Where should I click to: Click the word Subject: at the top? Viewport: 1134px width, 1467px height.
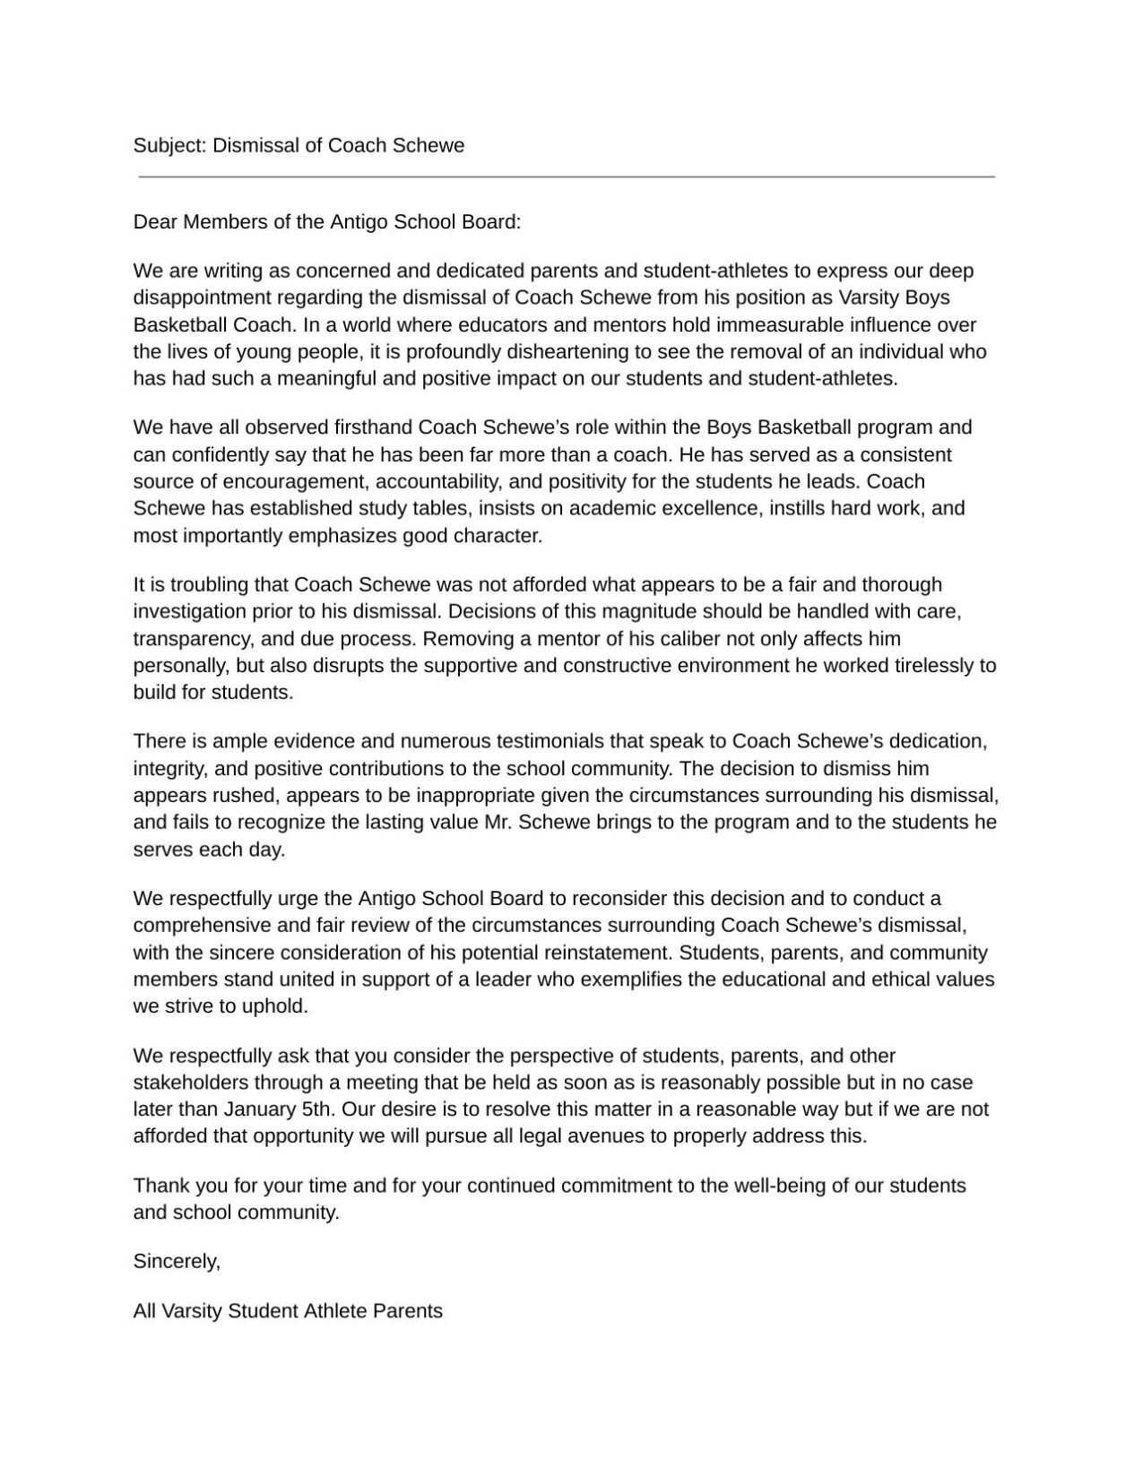pyautogui.click(x=170, y=145)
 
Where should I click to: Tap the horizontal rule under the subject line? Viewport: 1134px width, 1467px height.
pyautogui.click(x=567, y=177)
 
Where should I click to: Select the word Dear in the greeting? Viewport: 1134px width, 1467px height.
pyautogui.click(x=156, y=221)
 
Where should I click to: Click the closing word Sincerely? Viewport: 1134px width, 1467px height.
pyautogui.click(x=177, y=1262)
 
